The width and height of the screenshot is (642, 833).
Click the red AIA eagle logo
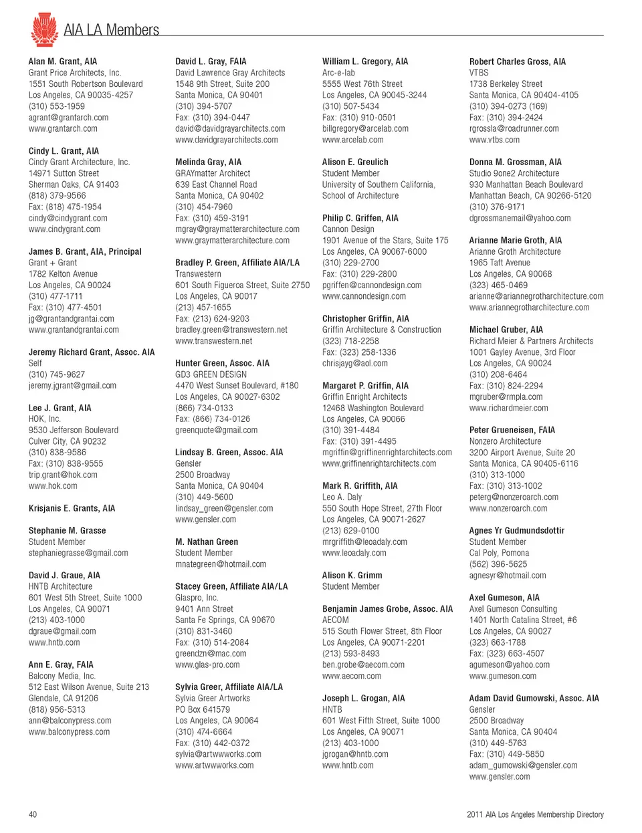pos(44,29)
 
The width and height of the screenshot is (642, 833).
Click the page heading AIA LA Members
pos(111,30)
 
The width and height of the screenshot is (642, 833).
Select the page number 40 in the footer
pos(33,814)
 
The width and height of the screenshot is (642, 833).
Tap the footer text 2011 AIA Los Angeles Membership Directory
pos(534,814)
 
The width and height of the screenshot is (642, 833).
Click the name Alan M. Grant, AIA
pos(63,62)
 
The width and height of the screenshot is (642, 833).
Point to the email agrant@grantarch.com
pos(68,118)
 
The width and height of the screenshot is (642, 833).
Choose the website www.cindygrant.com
pos(64,229)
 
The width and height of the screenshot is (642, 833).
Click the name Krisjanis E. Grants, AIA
pos(72,509)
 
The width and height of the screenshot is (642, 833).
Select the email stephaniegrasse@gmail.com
pos(78,554)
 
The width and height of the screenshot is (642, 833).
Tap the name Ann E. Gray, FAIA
pos(61,665)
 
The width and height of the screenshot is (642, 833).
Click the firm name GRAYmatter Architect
pos(213,173)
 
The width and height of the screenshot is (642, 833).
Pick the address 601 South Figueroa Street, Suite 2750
pos(243,285)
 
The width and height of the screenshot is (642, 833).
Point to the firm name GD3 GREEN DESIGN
pos(211,375)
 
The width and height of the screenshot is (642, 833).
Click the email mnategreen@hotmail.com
pos(221,564)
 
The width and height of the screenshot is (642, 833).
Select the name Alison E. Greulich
pos(355,162)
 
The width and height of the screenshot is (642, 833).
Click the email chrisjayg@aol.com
pos(354,364)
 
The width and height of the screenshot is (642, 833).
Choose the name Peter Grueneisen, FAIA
pos(512,431)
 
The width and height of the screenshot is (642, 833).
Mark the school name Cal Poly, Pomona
pos(499,554)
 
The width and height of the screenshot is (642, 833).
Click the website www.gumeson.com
pos(502,677)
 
